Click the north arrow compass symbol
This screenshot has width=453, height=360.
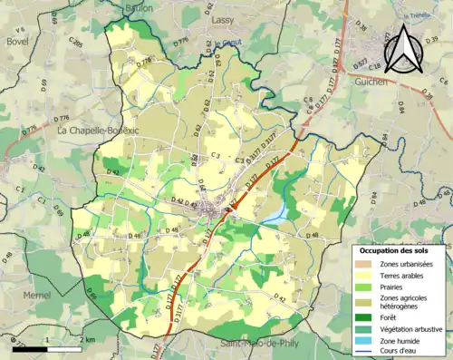pyautogui.click(x=405, y=49)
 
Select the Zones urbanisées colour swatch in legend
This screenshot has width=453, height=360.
pyautogui.click(x=366, y=263)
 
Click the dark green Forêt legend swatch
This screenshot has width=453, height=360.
pyautogui.click(x=366, y=317)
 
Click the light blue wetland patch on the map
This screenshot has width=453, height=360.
pyautogui.click(x=278, y=213)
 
